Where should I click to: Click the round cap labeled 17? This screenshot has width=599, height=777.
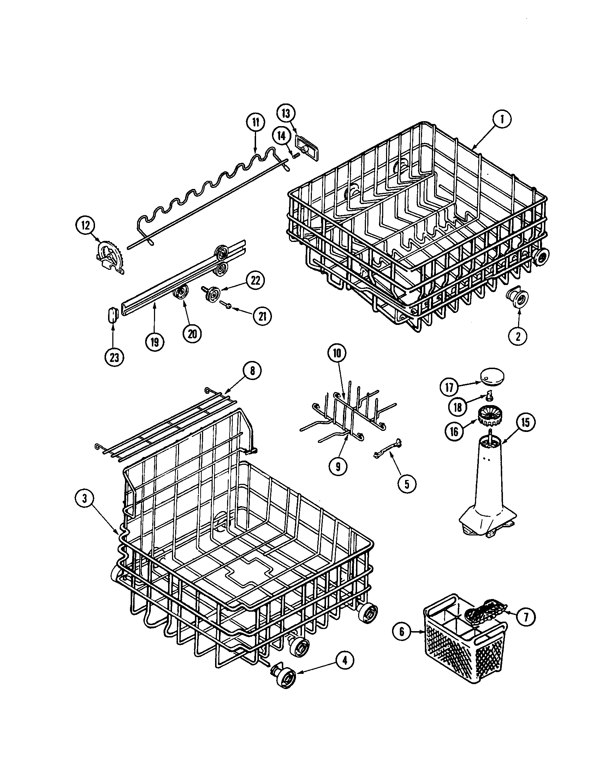tap(493, 377)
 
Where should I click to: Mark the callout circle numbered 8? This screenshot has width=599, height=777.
tap(252, 371)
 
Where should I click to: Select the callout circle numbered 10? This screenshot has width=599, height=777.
tap(337, 353)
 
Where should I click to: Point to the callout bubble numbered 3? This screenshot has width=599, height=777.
tap(85, 499)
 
